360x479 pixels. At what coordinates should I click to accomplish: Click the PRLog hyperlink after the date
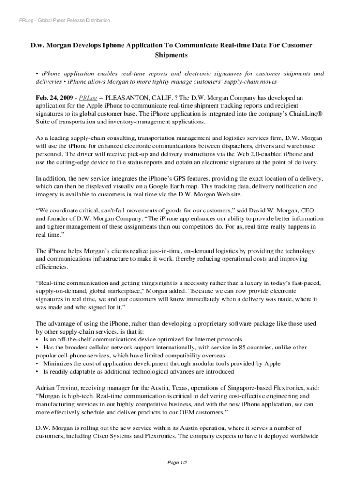88,98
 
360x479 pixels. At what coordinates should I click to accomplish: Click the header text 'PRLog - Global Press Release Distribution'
62,20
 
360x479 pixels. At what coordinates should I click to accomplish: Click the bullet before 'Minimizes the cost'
37,363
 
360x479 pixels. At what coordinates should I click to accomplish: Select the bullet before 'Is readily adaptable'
37,371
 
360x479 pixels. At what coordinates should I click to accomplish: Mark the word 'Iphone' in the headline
128,45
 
